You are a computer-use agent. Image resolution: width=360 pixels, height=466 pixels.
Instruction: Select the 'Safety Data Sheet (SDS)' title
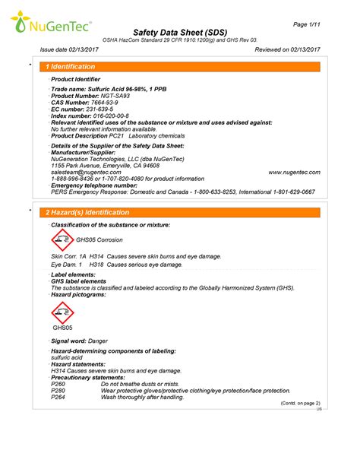tap(178, 33)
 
